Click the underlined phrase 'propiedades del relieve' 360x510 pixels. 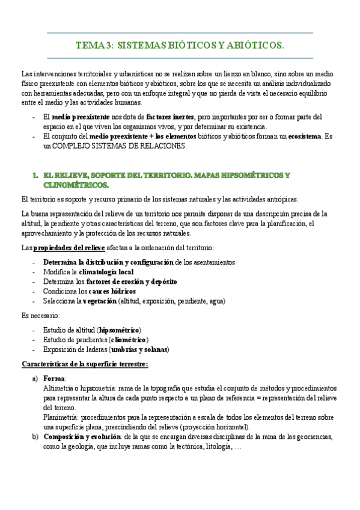(x=68, y=248)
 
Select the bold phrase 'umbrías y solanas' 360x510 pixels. (x=138, y=349)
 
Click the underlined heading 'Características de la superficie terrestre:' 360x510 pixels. (x=85, y=364)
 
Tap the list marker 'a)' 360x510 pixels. (x=35, y=378)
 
